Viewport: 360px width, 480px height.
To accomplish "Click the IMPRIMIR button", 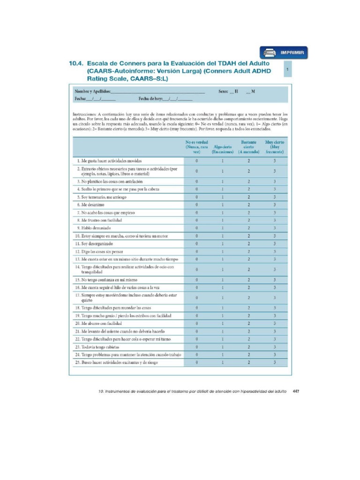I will [x=284, y=52].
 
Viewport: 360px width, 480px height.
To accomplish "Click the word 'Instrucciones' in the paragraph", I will [x=85, y=114].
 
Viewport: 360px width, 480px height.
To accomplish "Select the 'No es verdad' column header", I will [x=196, y=147].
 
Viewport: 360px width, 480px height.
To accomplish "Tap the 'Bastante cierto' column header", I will [x=248, y=147].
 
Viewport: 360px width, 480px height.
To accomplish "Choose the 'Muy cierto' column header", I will [x=275, y=147].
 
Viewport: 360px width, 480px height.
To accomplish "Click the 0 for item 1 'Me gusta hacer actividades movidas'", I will [x=196, y=161].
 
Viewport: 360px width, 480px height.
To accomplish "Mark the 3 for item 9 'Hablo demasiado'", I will [x=275, y=228].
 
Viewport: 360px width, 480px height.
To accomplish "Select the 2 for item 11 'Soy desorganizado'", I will [x=248, y=244].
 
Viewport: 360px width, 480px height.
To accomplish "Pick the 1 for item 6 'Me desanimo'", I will [x=223, y=205].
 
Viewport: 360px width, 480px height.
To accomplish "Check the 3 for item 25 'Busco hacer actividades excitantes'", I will [x=275, y=362].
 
